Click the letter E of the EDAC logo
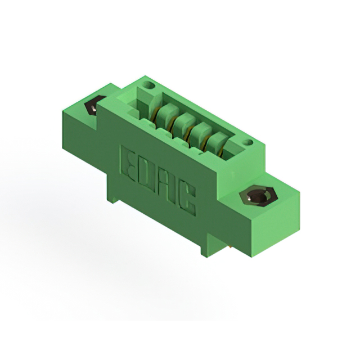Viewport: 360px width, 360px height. tap(128, 164)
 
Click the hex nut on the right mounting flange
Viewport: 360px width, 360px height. tap(259, 196)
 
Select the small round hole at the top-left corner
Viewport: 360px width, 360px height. tap(149, 85)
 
